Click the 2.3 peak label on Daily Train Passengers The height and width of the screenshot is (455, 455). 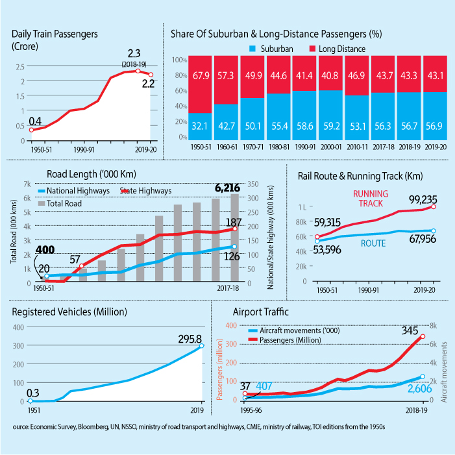click(135, 54)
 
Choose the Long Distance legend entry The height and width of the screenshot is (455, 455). click(342, 49)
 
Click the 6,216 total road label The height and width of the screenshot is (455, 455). click(227, 188)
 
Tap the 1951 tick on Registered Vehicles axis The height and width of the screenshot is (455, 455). click(32, 410)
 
